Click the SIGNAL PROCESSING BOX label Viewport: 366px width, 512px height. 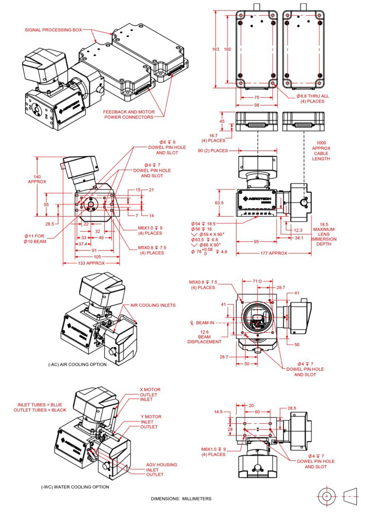pos(53,30)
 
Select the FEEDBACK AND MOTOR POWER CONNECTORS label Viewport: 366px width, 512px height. pos(128,115)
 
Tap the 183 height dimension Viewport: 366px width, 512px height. pos(216,49)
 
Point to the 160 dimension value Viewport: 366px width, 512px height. pos(227,49)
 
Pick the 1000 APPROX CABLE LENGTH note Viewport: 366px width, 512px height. pos(321,151)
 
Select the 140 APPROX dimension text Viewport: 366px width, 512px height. pos(37,179)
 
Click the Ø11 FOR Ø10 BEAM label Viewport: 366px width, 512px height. pos(35,239)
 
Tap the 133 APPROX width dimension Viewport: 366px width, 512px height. pos(91,263)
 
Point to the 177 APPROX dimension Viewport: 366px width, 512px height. pos(274,253)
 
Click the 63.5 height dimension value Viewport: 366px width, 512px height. pos(219,203)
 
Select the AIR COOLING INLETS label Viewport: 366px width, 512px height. pos(153,305)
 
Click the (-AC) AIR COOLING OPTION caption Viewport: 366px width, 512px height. pos(77,365)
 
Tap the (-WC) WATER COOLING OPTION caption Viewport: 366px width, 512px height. pos(75,487)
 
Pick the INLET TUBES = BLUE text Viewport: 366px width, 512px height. pos(40,405)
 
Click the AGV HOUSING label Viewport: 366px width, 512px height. pos(161,465)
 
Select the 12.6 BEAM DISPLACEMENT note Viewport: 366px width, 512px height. pos(204,337)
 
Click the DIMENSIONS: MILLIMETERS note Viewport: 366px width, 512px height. pos(181,498)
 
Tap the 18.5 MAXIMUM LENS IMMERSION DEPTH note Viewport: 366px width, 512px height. pos(324,234)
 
